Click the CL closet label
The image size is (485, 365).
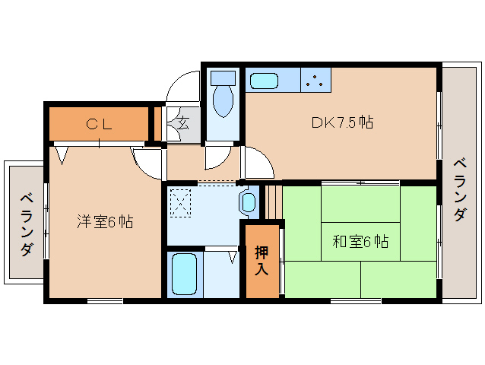[99, 124]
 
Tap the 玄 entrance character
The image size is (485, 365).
[183, 122]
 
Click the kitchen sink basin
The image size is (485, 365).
[265, 81]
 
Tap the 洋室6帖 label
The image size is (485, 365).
[104, 221]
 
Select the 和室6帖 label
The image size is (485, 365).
[360, 241]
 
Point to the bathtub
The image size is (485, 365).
[185, 275]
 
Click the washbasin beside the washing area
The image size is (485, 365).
[249, 202]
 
